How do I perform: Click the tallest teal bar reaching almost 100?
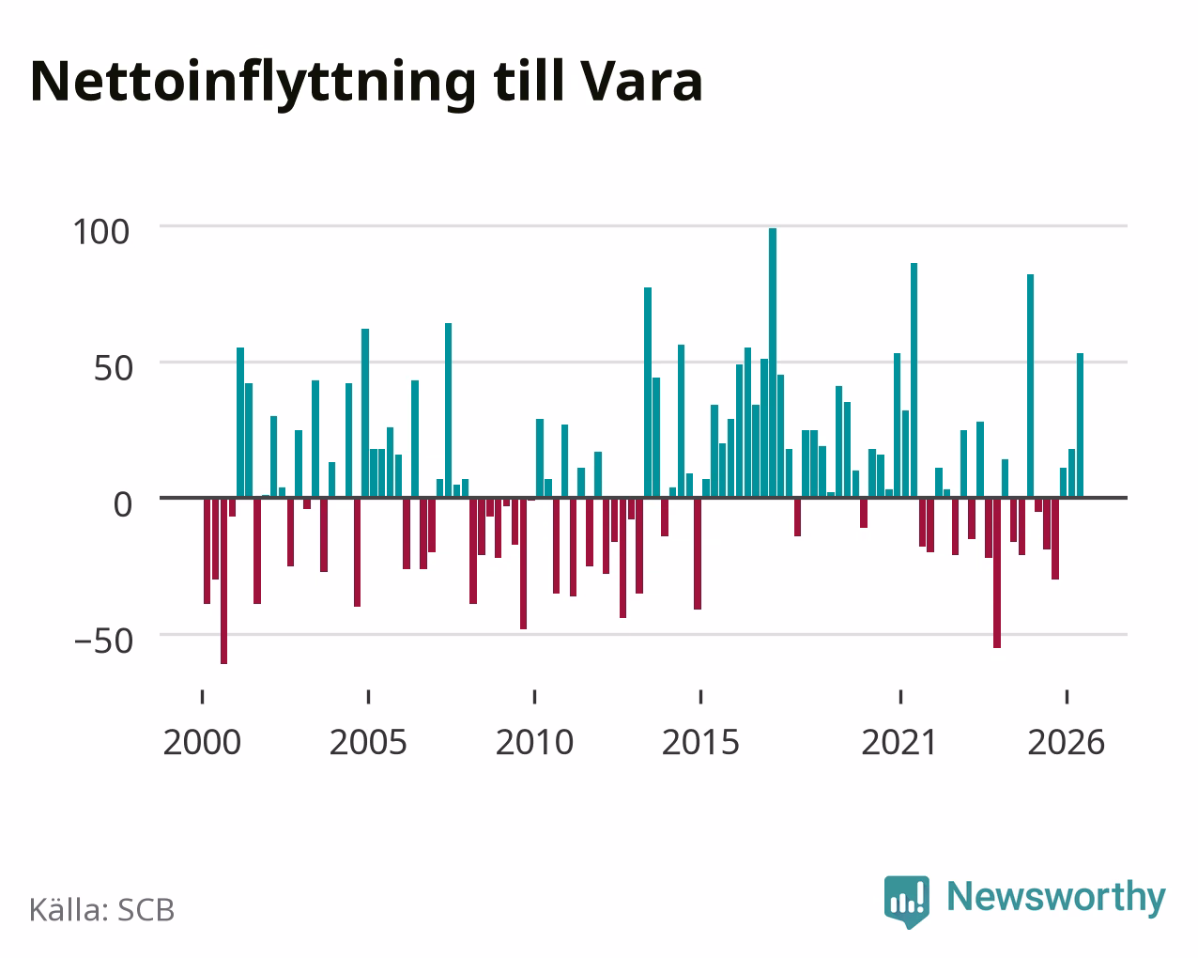[x=773, y=363]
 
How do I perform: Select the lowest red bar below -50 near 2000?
[x=223, y=580]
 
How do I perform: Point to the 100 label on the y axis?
[x=101, y=232]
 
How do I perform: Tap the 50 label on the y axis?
[x=114, y=368]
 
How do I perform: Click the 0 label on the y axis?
[x=123, y=504]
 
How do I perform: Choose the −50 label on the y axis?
[x=104, y=641]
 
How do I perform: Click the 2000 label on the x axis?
[x=202, y=742]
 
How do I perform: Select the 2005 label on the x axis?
[x=368, y=742]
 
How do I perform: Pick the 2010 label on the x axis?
[x=534, y=742]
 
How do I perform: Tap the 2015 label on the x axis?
[x=700, y=742]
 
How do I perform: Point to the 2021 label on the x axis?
[x=899, y=742]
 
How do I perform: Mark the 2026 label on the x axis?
[x=1066, y=742]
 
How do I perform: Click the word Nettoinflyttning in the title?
[x=253, y=84]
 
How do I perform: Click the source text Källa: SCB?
[x=102, y=909]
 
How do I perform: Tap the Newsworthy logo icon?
[x=907, y=900]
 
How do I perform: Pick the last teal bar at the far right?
[x=1080, y=425]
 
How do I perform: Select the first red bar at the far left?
[x=207, y=550]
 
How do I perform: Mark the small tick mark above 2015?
[x=701, y=697]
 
